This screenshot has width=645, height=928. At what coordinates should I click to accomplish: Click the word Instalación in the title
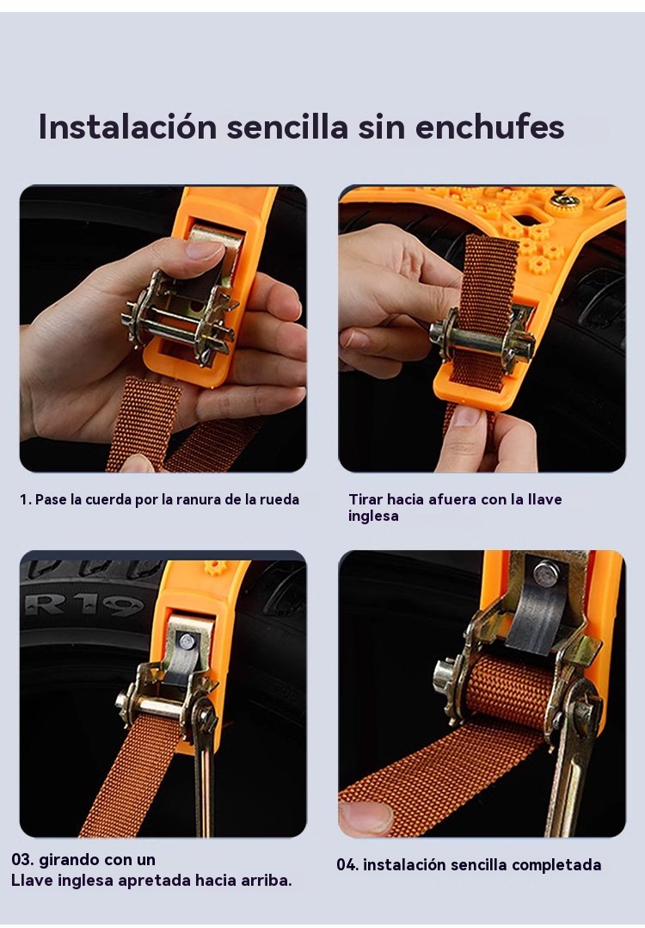(127, 126)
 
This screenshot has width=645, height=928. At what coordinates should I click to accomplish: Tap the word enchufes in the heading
(489, 126)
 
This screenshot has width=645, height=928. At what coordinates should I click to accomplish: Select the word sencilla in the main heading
(287, 126)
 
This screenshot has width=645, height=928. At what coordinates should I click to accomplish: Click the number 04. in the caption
(347, 864)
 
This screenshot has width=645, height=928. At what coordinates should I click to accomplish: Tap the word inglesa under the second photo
(373, 517)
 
